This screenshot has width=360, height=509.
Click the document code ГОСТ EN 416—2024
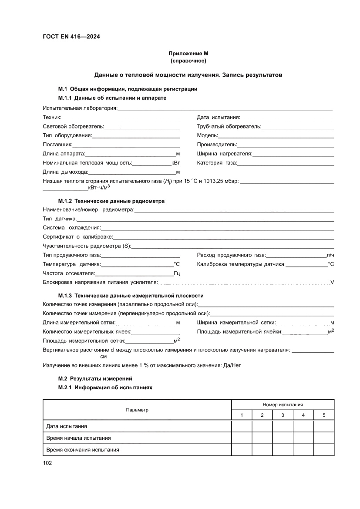tap(71, 37)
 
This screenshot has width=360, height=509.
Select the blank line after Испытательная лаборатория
tap(225, 109)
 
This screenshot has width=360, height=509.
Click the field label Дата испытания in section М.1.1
tap(218, 117)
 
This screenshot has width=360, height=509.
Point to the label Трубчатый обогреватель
tap(229, 126)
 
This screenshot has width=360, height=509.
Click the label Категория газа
tap(216, 162)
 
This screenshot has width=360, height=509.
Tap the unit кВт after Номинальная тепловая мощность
tap(175, 162)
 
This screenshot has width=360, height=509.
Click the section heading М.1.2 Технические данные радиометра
tap(111, 201)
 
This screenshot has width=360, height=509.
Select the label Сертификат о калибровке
tap(77, 237)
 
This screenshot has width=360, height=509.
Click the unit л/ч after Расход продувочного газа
tap(330, 255)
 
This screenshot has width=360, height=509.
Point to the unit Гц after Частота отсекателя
tap(177, 273)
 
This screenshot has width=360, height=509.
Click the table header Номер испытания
tap(283, 405)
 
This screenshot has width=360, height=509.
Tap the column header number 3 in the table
tap(283, 415)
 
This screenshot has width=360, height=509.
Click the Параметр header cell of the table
tap(137, 410)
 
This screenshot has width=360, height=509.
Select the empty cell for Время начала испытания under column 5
tap(324, 438)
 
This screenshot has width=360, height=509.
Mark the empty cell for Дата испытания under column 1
tap(242, 426)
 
